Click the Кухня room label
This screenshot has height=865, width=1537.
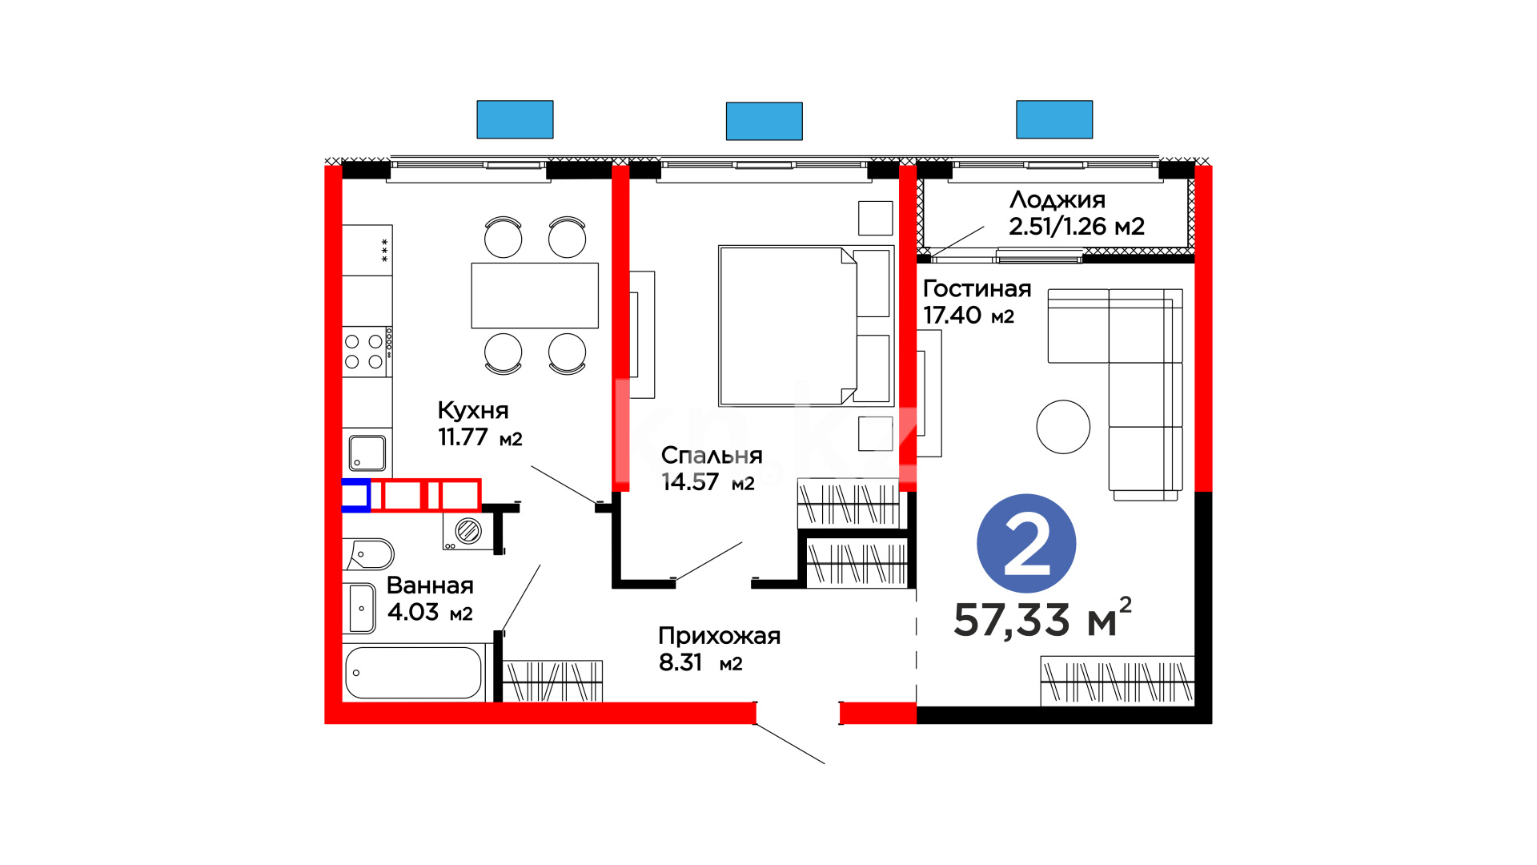pos(473,410)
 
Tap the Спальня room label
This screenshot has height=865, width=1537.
pos(712,455)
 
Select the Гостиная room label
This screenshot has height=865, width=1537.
pos(977,288)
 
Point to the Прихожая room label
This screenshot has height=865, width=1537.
pos(719,636)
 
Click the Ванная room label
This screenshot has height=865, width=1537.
pos(430,585)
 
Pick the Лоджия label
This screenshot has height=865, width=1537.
pos(1057,199)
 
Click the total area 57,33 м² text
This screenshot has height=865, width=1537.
pos(1043,618)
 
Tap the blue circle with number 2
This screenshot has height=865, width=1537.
pos(1026,544)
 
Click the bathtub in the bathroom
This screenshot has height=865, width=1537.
pos(413,673)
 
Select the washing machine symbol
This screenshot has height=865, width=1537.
pos(468,531)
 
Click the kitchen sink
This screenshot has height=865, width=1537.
pos(367,453)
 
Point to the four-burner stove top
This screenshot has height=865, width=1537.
pos(366,352)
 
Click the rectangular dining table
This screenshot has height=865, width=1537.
pos(535,296)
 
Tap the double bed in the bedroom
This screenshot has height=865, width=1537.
pos(806,326)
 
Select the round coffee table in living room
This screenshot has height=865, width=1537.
pos(1063,427)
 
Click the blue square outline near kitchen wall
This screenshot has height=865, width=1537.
pos(355,495)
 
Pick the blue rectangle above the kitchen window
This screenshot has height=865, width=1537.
pos(515,119)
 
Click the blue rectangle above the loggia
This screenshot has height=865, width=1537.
pos(1054,119)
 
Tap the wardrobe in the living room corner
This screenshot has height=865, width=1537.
pos(1118,681)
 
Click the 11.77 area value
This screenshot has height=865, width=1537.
pos(463,437)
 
